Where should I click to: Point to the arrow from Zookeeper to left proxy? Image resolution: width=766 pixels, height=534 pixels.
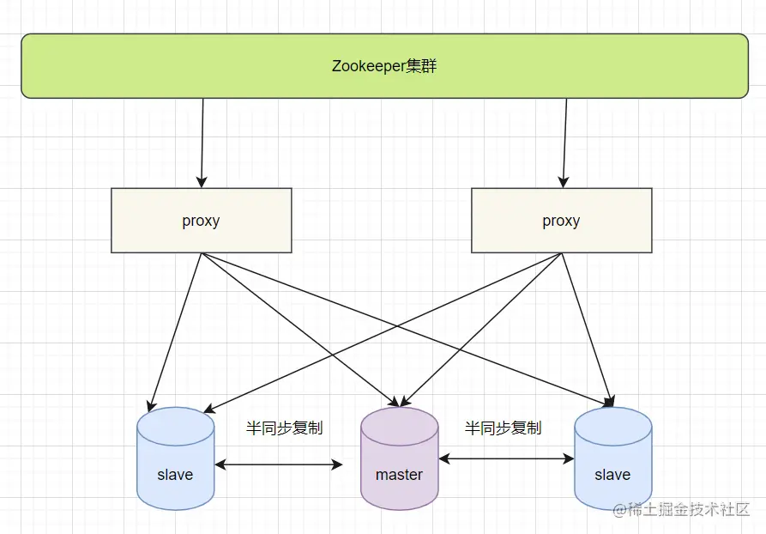pyautogui.click(x=202, y=142)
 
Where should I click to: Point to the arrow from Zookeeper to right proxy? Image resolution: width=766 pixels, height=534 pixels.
pyautogui.click(x=564, y=142)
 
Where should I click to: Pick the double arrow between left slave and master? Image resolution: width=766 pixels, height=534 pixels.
pyautogui.click(x=279, y=464)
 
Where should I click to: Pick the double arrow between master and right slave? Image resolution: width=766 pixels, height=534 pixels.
pyautogui.click(x=506, y=459)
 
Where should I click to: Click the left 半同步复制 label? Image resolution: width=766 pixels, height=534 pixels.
pyautogui.click(x=284, y=428)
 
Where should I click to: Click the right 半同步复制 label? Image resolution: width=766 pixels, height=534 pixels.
pyautogui.click(x=503, y=428)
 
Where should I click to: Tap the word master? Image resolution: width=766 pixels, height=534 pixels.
pyautogui.click(x=399, y=475)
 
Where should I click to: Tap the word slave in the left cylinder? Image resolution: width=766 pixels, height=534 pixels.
pyautogui.click(x=175, y=475)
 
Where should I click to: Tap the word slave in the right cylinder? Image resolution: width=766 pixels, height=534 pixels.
pyautogui.click(x=612, y=475)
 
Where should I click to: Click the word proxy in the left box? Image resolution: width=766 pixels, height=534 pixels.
pyautogui.click(x=201, y=221)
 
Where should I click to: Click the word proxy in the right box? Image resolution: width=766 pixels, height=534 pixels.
pyautogui.click(x=561, y=221)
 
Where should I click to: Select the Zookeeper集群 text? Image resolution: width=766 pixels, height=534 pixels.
pyautogui.click(x=384, y=66)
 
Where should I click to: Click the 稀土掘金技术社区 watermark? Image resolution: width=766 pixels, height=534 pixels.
pyautogui.click(x=681, y=509)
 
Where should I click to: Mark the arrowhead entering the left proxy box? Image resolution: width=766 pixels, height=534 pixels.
pyautogui.click(x=202, y=182)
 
